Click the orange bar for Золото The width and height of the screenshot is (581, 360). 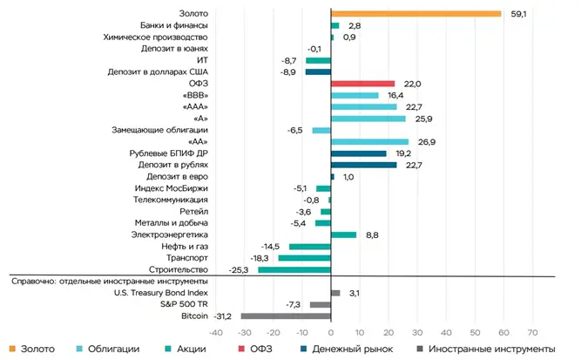click(416, 13)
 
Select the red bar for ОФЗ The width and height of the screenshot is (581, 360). click(363, 83)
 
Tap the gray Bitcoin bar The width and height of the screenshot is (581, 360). click(286, 316)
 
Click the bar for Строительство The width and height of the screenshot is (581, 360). click(294, 269)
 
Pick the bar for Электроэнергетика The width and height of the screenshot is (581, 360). click(344, 234)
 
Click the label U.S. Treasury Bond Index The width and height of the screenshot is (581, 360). click(156, 293)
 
